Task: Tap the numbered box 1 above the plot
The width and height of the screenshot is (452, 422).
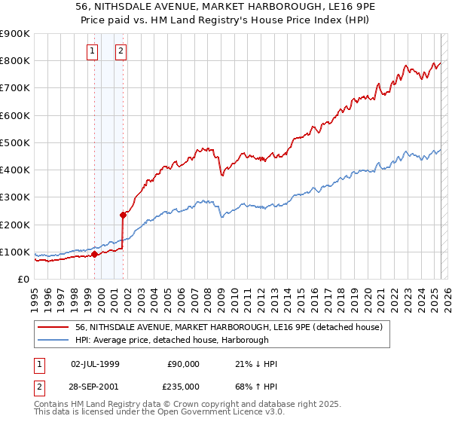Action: (x=92, y=51)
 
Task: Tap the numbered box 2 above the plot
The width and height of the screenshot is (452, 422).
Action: (x=121, y=51)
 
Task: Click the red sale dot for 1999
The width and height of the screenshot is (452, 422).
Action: (x=94, y=255)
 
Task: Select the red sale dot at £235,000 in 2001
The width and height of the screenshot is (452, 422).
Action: (x=124, y=215)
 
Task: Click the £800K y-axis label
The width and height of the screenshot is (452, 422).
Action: (x=15, y=60)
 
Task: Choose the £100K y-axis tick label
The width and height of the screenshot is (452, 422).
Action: (x=15, y=252)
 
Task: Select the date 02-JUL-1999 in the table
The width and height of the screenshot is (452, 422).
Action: (x=95, y=364)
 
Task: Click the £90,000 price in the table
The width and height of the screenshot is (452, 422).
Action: (x=184, y=364)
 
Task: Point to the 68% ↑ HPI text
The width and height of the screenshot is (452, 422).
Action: (x=256, y=386)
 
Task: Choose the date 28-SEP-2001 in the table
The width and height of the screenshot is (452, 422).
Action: (x=95, y=386)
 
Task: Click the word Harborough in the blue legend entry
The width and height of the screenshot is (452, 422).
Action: (x=246, y=340)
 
